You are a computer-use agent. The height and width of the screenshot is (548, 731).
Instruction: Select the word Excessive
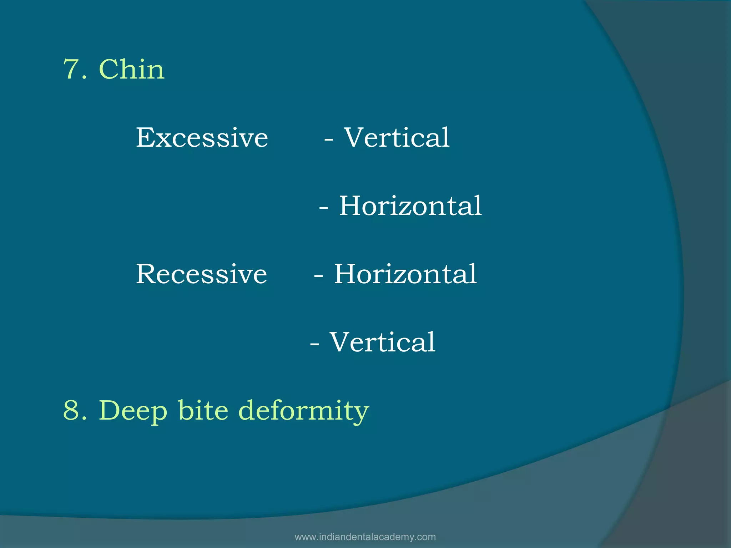(x=202, y=138)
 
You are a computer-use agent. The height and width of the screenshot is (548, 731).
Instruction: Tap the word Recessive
(x=201, y=274)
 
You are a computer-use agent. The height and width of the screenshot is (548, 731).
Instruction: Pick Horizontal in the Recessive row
(x=405, y=274)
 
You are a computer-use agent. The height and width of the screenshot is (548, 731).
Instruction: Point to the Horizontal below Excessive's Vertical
(x=410, y=206)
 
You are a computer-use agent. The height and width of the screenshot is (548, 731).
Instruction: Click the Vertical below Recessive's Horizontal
(x=382, y=342)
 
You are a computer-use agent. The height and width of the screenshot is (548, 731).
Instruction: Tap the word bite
(x=203, y=410)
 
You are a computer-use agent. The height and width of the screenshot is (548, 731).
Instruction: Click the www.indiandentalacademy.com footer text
(x=365, y=537)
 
